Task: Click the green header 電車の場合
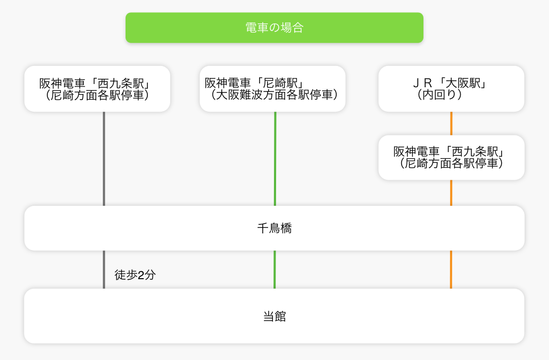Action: tap(274, 28)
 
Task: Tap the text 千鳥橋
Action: tap(274, 229)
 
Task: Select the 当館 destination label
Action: tap(274, 316)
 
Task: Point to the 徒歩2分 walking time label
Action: tap(135, 275)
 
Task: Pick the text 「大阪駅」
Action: tap(464, 83)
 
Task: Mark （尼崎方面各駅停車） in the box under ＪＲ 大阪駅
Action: tap(451, 163)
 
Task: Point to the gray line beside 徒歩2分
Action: tap(104, 270)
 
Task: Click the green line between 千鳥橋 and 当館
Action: tap(274, 270)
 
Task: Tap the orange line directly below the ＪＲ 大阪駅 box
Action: tap(451, 123)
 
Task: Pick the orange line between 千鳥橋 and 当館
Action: tap(451, 270)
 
